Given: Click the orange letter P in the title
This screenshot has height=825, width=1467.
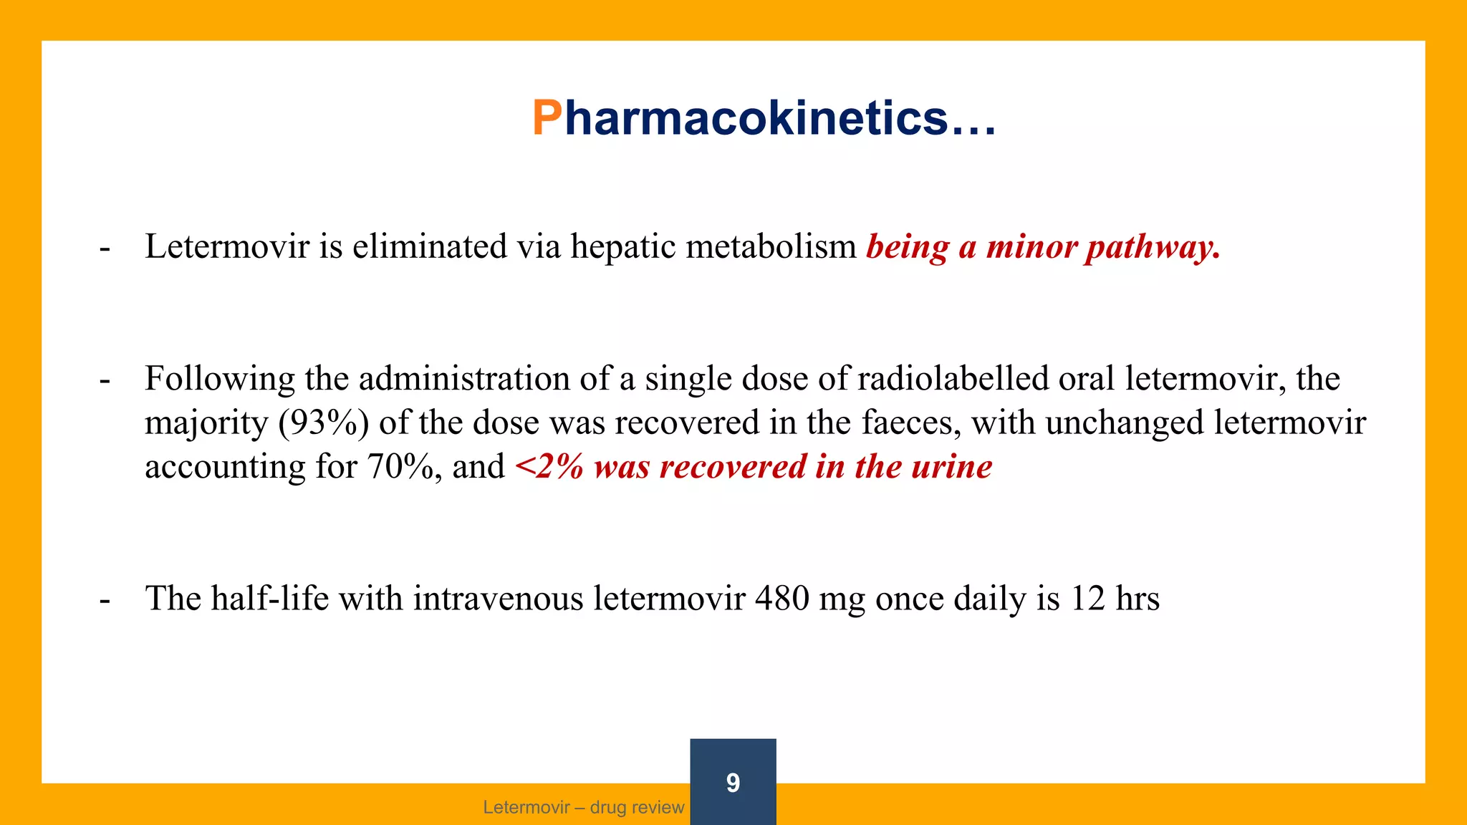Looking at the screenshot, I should (547, 118).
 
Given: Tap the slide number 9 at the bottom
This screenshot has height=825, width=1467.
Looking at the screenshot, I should (733, 782).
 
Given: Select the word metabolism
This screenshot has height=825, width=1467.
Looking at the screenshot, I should (771, 247).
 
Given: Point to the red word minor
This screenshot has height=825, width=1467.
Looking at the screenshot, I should (1031, 247).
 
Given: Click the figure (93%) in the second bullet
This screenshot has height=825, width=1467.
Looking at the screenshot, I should (324, 423).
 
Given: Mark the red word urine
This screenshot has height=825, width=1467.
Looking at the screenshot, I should (952, 467).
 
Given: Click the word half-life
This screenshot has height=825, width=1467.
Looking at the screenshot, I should (269, 599).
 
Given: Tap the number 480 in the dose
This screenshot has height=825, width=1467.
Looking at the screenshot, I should (782, 599).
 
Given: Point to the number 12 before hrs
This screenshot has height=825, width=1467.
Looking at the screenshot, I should (1088, 599).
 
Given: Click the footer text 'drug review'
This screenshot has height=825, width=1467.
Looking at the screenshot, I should (637, 808).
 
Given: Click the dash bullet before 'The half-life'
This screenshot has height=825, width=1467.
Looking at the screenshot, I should (105, 600).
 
